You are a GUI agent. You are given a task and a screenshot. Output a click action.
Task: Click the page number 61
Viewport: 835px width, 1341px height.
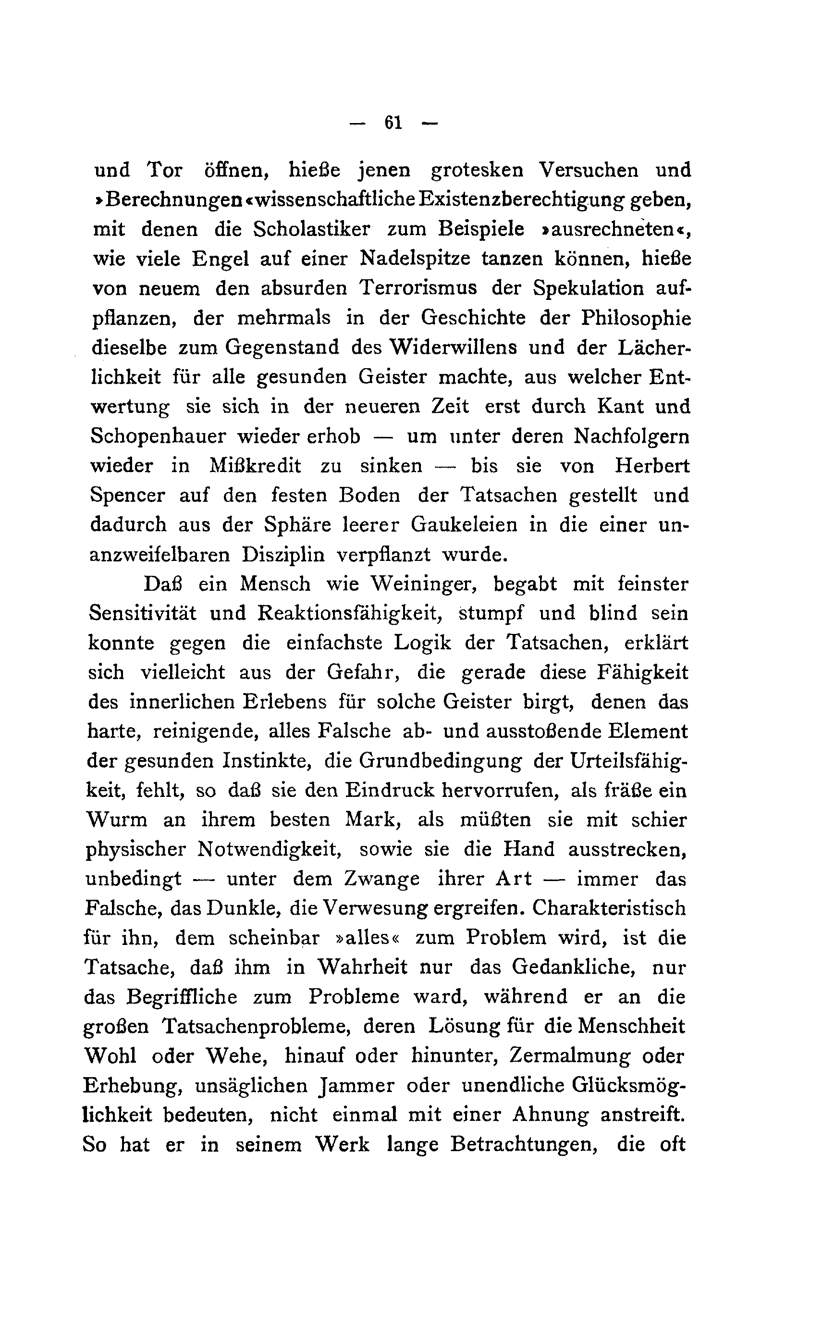[393, 123]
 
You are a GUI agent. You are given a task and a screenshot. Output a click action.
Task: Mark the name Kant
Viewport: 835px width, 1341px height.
[620, 407]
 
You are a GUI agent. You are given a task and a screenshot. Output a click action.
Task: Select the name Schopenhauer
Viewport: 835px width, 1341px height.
[158, 437]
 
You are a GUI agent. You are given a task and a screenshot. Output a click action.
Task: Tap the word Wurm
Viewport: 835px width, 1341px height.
[117, 819]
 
